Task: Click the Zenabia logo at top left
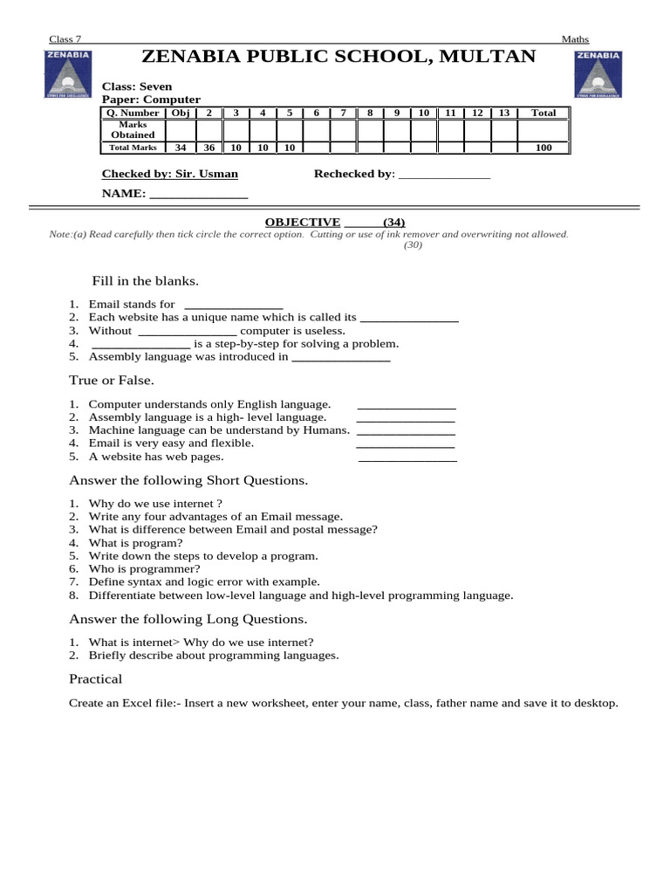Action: pos(67,74)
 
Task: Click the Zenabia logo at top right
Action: pos(598,74)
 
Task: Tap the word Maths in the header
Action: pos(575,39)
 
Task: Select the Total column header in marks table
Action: pos(544,113)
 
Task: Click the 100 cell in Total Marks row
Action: pos(544,148)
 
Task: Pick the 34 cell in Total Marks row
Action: pos(181,148)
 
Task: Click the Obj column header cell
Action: pos(181,113)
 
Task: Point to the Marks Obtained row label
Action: pos(133,130)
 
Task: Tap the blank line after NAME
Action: pos(199,195)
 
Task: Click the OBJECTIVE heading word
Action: pos(303,223)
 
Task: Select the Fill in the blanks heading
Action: pos(145,281)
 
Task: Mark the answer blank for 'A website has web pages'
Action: pos(407,457)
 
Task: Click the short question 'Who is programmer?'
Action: pos(144,568)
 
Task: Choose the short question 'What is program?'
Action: pos(135,542)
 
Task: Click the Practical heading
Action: pos(95,679)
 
